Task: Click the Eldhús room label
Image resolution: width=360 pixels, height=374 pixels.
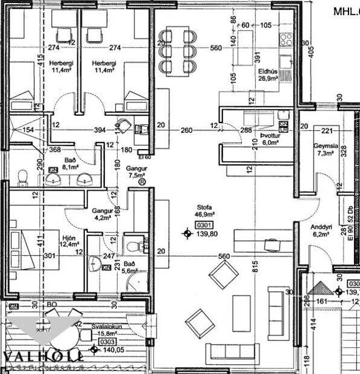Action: pos(267,71)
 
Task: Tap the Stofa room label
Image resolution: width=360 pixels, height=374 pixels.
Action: pos(202,206)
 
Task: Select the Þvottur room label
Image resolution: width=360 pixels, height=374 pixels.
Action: pos(267,136)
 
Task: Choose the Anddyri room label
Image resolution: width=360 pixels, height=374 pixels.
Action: pos(321,227)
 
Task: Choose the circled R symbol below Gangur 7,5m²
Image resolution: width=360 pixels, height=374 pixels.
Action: pos(141,182)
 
